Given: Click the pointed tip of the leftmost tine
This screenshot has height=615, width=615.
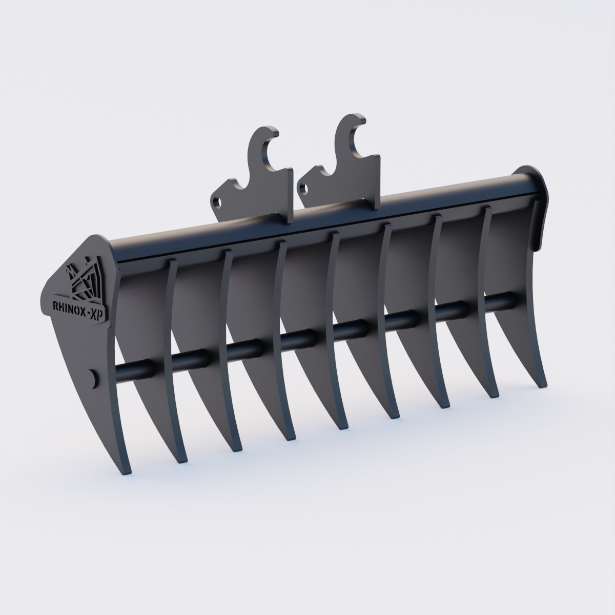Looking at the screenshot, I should pos(128,471).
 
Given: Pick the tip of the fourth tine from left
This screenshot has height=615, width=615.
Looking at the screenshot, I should pos(288,438).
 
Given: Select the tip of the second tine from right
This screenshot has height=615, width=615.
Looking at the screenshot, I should pos(495,396).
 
